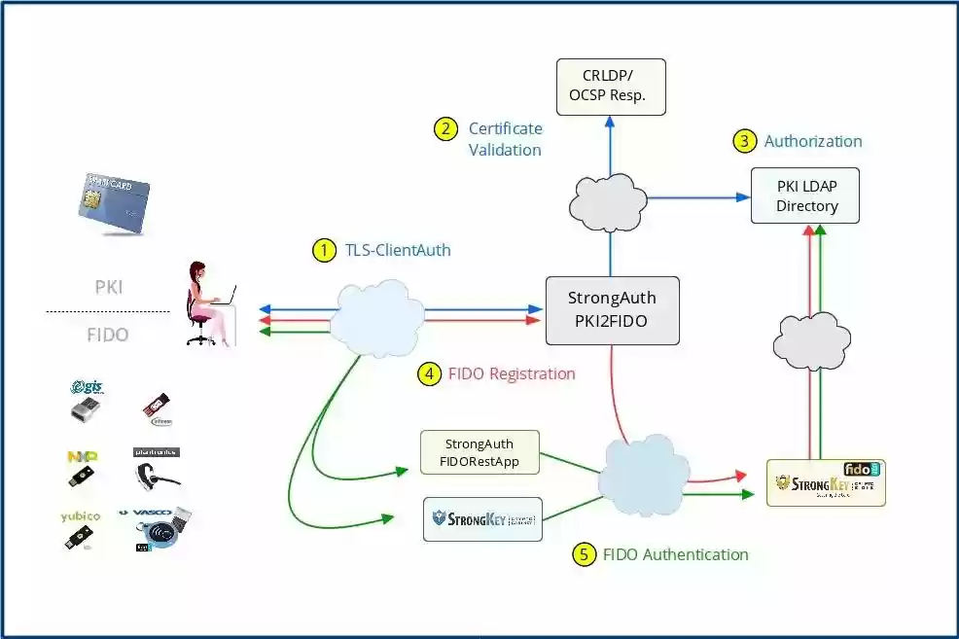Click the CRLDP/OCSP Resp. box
coord(609,86)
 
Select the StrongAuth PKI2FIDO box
coord(611,310)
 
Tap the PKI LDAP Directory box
coord(806,195)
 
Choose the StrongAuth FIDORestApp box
coord(479,452)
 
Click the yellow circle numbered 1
coord(323,250)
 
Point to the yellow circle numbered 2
coord(445,128)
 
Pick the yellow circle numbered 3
coord(743,141)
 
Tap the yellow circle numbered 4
coord(429,373)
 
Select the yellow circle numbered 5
coord(584,554)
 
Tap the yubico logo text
coord(81,515)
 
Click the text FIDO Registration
coord(512,373)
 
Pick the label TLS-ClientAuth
coord(398,250)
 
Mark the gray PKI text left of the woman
coord(109,288)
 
